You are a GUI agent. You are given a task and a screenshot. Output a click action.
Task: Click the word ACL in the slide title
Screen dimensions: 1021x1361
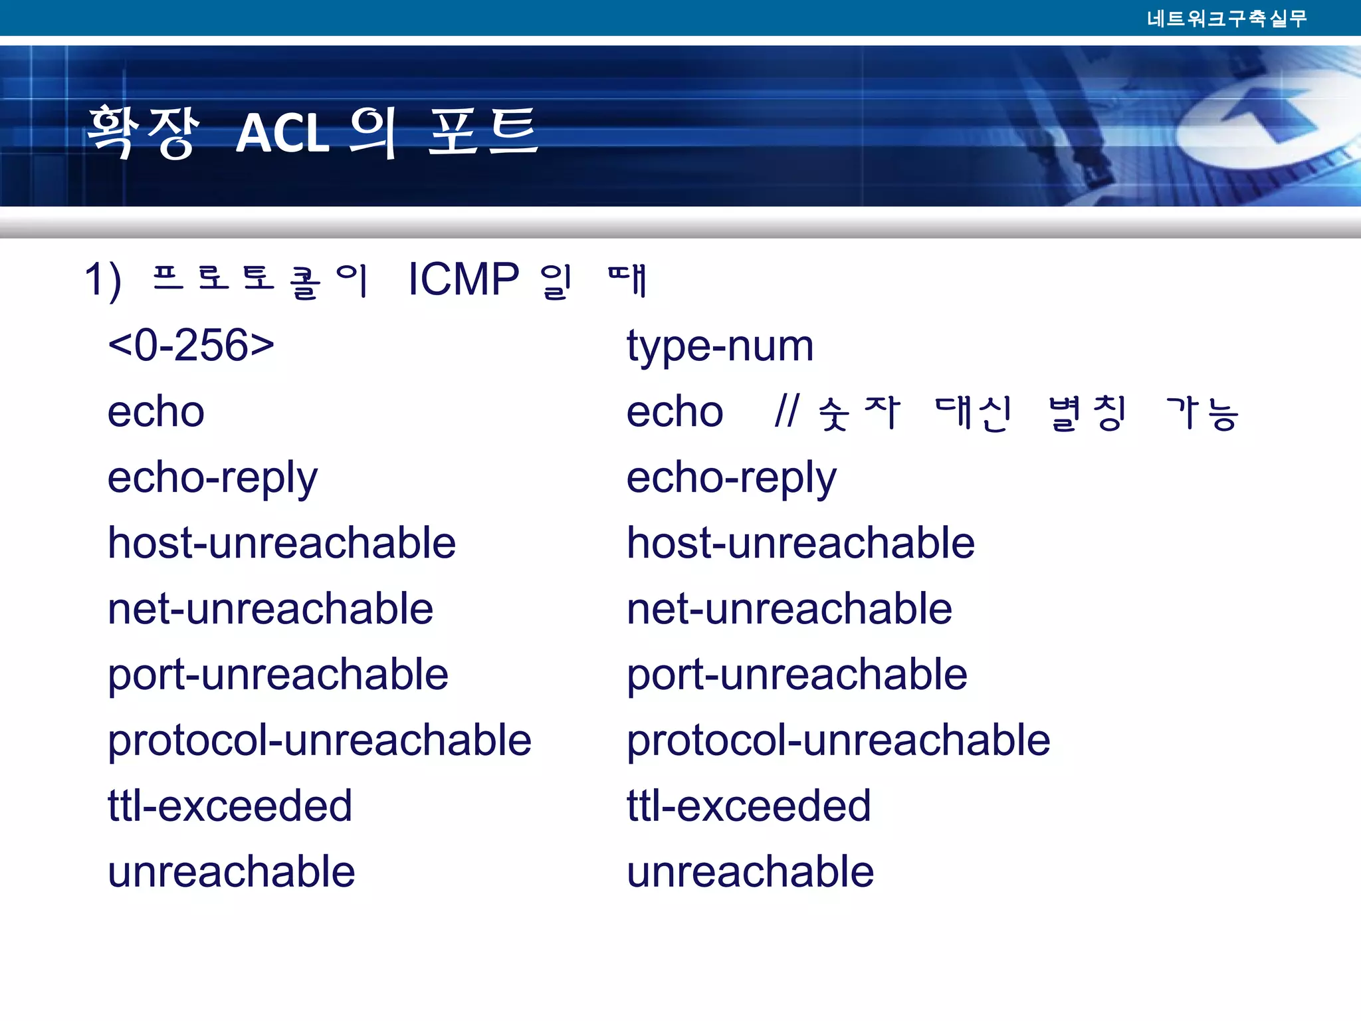[282, 133]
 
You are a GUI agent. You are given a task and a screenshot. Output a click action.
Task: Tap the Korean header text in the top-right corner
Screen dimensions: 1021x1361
[1227, 18]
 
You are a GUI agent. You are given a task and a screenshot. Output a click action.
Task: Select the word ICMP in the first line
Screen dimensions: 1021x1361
[463, 279]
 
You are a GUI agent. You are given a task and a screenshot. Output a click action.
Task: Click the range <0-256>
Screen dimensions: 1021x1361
[191, 345]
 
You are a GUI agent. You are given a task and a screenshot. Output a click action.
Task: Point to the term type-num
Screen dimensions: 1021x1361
[720, 346]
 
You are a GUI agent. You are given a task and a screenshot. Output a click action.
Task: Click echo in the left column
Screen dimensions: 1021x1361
[156, 411]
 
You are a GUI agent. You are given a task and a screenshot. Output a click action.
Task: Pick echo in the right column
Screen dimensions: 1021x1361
[675, 411]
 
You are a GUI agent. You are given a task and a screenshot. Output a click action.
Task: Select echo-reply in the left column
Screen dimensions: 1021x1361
[213, 478]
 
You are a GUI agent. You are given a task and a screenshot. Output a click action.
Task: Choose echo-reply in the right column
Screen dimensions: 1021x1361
[731, 478]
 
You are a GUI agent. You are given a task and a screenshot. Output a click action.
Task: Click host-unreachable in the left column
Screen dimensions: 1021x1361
[282, 542]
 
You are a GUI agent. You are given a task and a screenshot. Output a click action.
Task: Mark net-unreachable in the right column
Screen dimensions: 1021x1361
[789, 608]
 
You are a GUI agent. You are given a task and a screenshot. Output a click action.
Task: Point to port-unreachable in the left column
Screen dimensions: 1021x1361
[278, 675]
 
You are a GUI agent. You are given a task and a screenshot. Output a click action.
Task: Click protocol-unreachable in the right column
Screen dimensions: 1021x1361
[838, 740]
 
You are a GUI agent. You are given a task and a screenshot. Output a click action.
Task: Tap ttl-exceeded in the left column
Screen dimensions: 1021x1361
[230, 806]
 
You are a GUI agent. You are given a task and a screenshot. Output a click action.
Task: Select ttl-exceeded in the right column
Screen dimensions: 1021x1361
[748, 806]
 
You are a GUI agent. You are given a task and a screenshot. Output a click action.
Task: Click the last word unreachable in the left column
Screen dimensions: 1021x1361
[231, 871]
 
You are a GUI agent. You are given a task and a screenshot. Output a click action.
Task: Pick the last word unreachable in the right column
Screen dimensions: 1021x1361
[750, 871]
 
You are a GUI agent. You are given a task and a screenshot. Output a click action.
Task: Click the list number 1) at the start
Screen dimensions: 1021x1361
[103, 280]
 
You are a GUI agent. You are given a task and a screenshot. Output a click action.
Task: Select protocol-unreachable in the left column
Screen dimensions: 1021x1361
[320, 740]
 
